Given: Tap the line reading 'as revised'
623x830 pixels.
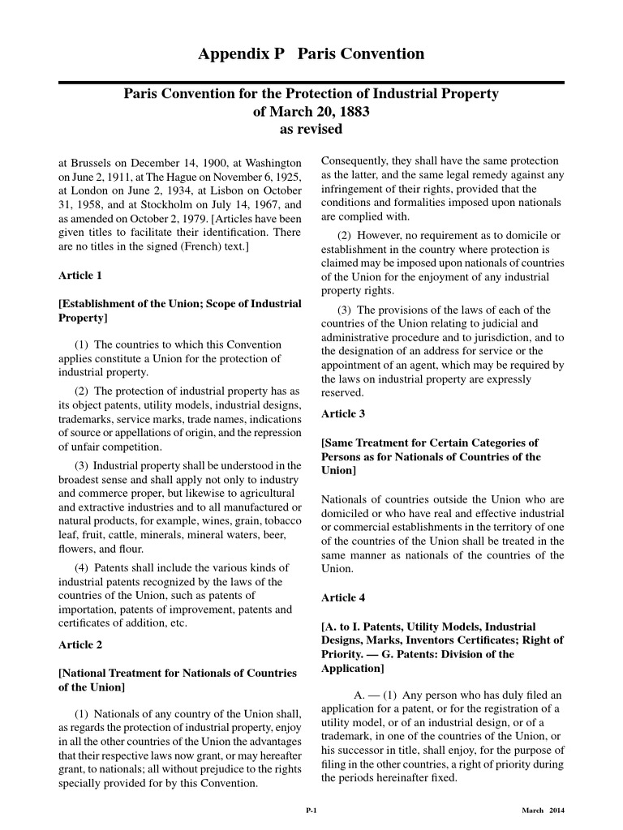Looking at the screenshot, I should click(311, 129).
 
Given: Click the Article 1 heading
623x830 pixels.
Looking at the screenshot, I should click(80, 276).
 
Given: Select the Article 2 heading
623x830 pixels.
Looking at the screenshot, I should click(80, 645).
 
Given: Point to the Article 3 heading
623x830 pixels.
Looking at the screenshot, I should click(343, 414).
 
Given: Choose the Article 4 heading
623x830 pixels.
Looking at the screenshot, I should click(343, 598).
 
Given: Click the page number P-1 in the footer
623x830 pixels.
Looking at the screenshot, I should click(311, 811).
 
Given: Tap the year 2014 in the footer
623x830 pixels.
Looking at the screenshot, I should click(556, 811).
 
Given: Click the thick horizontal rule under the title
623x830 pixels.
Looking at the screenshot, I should click(311, 82).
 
